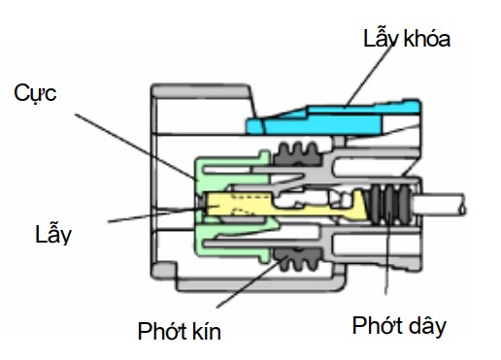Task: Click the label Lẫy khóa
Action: click(407, 38)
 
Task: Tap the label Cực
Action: click(35, 94)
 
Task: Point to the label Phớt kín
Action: click(180, 331)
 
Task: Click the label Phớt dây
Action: click(399, 326)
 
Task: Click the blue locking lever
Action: click(333, 118)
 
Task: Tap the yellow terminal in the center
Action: click(284, 205)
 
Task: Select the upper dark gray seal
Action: click(297, 154)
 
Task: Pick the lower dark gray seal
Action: click(297, 259)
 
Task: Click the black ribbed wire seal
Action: click(391, 205)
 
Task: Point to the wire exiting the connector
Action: click(438, 205)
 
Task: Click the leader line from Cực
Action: click(135, 146)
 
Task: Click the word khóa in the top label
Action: click(427, 38)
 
